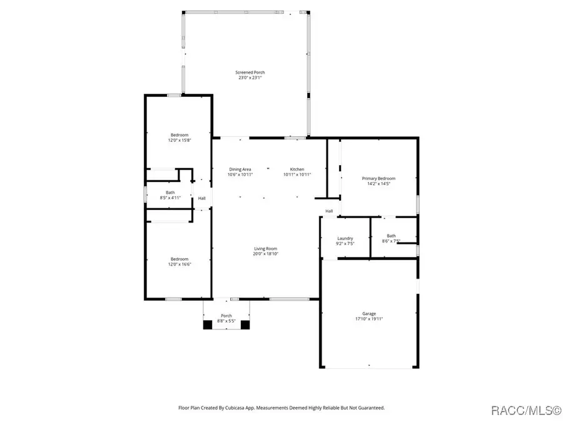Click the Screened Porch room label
(245, 73)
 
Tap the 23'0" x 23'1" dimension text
(245, 78)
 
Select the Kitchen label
(297, 169)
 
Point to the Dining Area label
(240, 169)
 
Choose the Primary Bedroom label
(378, 178)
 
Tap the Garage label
(369, 313)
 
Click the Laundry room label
(345, 238)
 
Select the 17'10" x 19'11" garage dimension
(369, 319)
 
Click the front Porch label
(226, 316)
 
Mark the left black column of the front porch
(208, 324)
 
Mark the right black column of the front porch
(245, 324)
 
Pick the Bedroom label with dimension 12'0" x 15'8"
(180, 135)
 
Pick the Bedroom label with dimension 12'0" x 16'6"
(180, 259)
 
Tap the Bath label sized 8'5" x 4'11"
(170, 192)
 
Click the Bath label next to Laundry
(391, 236)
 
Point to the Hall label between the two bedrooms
(201, 199)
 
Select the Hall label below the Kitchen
(328, 211)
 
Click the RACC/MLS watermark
(525, 410)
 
